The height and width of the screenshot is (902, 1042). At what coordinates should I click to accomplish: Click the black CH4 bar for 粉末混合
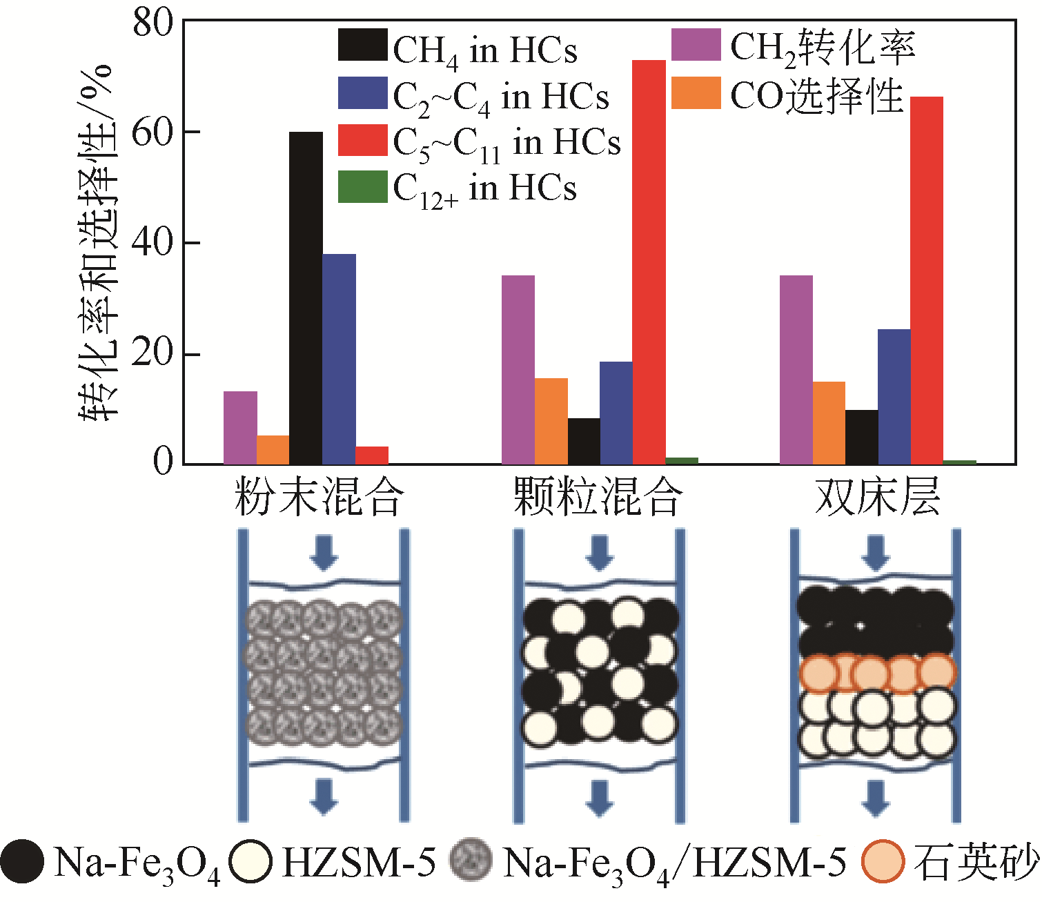click(306, 297)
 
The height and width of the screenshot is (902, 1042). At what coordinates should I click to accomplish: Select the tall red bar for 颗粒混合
click(649, 262)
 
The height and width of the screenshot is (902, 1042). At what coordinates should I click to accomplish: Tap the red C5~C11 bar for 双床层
click(927, 280)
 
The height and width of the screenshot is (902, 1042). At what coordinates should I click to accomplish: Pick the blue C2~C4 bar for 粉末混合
click(339, 359)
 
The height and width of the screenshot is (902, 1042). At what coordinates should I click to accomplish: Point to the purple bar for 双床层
click(796, 369)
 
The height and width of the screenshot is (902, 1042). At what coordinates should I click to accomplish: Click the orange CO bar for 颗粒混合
click(551, 421)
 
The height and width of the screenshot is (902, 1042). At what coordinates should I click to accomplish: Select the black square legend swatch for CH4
click(362, 46)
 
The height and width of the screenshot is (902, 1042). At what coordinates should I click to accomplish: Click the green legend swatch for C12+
click(362, 187)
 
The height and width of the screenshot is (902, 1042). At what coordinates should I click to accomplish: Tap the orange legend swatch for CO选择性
click(696, 93)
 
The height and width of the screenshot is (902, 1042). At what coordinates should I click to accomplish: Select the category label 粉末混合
click(319, 497)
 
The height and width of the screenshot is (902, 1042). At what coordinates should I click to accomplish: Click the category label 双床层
click(877, 497)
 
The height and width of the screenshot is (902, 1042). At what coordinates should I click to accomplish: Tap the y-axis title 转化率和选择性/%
click(97, 242)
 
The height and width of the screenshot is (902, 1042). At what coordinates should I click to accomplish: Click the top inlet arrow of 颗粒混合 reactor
click(598, 552)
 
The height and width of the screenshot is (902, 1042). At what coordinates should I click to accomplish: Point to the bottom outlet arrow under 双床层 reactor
click(876, 797)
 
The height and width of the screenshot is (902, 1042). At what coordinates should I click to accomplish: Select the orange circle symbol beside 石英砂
click(883, 861)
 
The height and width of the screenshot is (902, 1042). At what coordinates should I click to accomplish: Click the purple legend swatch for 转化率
click(696, 46)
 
